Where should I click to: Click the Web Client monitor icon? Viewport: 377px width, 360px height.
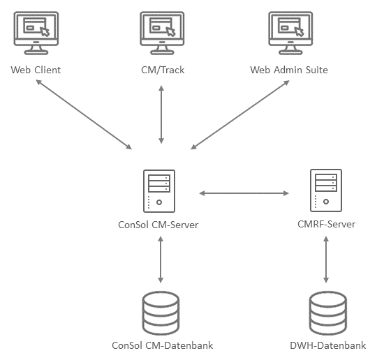coord(36,33)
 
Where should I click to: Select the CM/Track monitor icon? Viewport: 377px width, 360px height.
coord(162,33)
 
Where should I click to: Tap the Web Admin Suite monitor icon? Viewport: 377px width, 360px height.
coord(290,33)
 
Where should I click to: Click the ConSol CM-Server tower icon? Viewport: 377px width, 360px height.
coord(159,191)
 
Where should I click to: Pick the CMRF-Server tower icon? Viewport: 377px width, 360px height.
coord(326,190)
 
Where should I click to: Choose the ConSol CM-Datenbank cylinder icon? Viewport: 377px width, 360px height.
coord(161,313)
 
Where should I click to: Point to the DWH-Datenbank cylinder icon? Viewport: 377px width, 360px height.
coord(327,313)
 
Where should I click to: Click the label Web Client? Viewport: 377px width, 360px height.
coord(36,70)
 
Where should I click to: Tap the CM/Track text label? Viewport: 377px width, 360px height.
coord(163,70)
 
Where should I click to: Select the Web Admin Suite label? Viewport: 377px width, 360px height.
coord(289,70)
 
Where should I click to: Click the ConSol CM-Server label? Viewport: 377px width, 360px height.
coord(158,225)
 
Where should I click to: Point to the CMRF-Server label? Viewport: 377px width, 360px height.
coord(326,224)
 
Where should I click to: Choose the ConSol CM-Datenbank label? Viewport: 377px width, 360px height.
coord(162,345)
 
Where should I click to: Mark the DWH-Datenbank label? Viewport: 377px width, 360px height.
coord(327,345)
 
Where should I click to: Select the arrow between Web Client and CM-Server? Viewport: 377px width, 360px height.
coord(84,114)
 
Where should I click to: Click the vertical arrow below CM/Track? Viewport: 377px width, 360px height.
coord(161,114)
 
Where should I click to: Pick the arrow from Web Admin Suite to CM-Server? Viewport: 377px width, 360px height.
coord(240,114)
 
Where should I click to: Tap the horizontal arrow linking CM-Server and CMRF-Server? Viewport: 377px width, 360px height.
coord(244,193)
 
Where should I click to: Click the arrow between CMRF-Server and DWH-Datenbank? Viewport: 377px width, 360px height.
coord(326,260)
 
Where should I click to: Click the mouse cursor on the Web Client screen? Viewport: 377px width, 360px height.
coord(45,31)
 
